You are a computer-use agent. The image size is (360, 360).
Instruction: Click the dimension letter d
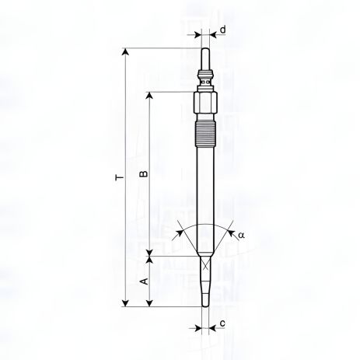[x=223, y=31]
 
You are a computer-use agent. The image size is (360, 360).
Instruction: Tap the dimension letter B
[x=142, y=174]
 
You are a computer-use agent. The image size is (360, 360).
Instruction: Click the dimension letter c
[x=223, y=323]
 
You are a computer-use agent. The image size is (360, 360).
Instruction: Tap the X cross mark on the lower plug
[x=204, y=265]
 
